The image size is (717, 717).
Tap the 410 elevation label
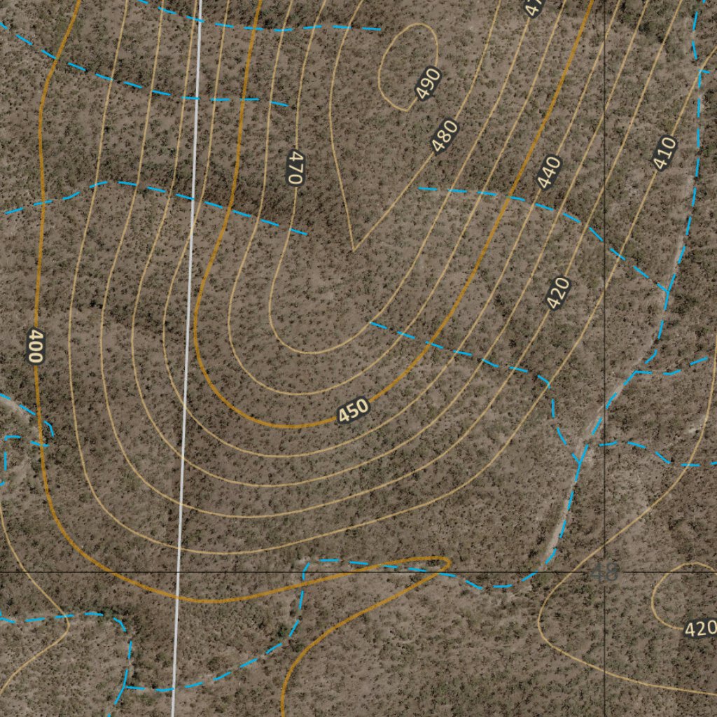[x=664, y=153]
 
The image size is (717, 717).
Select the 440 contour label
[x=550, y=172]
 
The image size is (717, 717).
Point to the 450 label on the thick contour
[x=353, y=411]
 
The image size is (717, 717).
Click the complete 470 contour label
[x=295, y=168]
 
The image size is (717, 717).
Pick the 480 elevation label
[x=445, y=137]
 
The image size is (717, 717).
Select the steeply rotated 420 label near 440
[x=558, y=293]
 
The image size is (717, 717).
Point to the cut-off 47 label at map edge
[x=534, y=7]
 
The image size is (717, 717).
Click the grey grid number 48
[x=605, y=573]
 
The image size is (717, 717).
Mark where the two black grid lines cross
[x=605, y=571]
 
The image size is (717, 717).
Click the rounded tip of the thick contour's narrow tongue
[x=445, y=562]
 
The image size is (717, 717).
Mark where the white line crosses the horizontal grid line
[x=178, y=571]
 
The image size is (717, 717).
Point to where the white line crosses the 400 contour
[x=176, y=600]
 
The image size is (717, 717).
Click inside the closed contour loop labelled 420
[x=676, y=595]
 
